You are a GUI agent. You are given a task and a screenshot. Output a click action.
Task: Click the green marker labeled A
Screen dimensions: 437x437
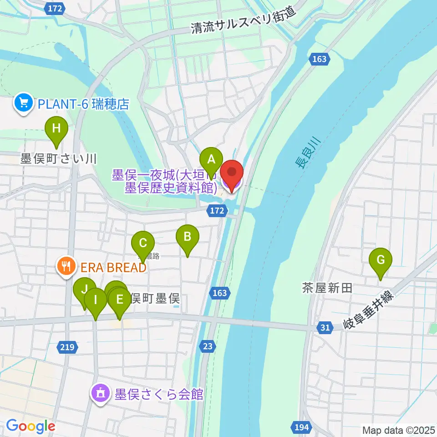(x=211, y=159)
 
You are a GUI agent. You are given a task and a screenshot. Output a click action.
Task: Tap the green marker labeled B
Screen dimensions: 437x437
(x=187, y=237)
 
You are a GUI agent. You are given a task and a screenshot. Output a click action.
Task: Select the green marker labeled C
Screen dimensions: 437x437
(x=143, y=243)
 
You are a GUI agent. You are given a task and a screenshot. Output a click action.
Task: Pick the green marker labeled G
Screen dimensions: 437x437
(x=381, y=260)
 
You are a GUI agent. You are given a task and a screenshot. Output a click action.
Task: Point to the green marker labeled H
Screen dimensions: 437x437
(x=56, y=128)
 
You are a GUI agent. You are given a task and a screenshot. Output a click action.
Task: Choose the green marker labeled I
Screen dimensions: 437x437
(x=96, y=300)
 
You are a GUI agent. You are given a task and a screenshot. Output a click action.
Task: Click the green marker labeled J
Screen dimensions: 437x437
(x=84, y=290)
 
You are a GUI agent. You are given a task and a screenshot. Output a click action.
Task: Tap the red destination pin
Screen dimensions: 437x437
(x=232, y=173)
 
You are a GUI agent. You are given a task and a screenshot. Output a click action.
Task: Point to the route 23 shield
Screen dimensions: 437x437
(x=208, y=347)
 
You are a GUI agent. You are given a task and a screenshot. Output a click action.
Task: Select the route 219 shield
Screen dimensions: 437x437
(x=67, y=348)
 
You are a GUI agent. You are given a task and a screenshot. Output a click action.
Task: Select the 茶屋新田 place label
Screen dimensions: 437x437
(x=327, y=287)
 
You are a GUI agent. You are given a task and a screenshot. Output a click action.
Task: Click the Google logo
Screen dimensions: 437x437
(x=31, y=426)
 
